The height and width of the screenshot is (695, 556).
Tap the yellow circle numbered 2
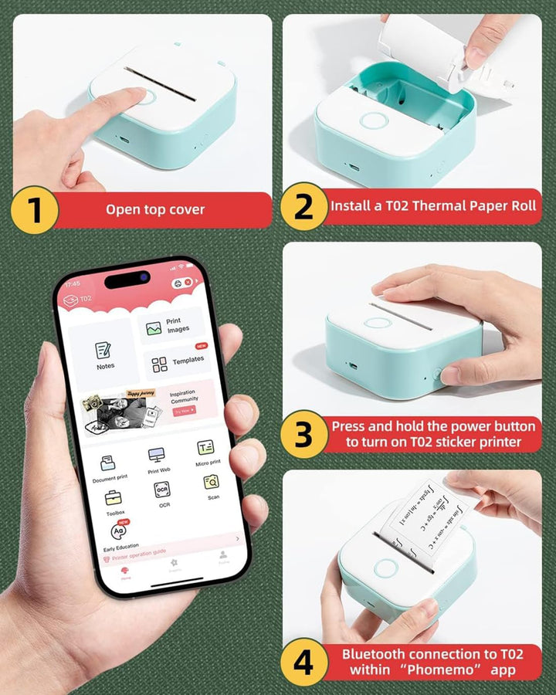[x=303, y=207]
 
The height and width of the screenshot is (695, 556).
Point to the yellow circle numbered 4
[x=303, y=663]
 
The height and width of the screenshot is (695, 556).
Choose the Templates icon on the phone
[x=160, y=364]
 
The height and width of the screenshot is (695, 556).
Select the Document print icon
[x=108, y=463]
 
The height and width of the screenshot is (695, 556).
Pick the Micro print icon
[x=205, y=448]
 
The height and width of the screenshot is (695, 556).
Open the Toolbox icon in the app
[x=114, y=498]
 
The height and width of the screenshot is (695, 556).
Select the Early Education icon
[x=120, y=532]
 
